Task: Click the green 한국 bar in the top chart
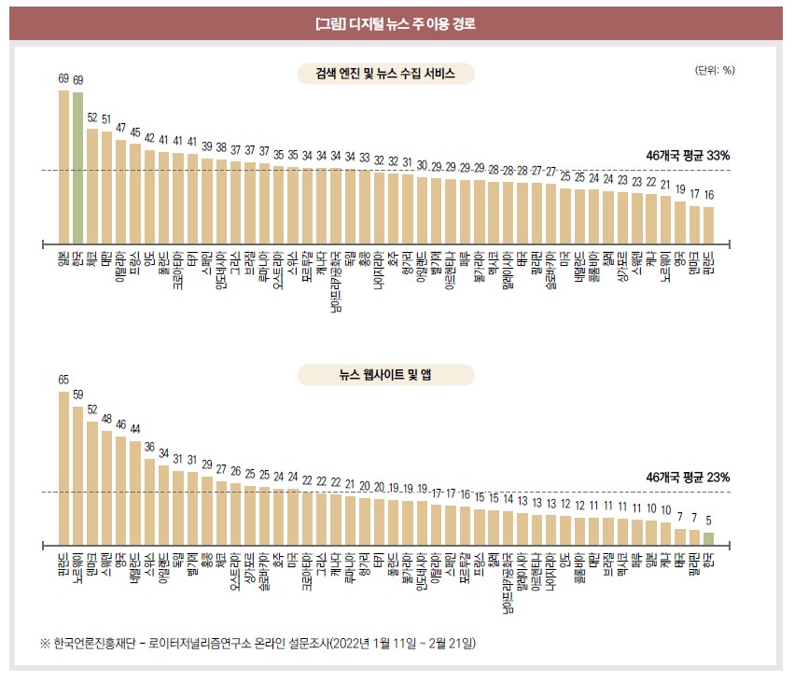[78, 166]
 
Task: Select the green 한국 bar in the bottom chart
[708, 539]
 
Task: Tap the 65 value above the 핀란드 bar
[63, 380]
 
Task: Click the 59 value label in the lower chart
[78, 395]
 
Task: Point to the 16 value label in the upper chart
[708, 195]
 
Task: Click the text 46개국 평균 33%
[688, 156]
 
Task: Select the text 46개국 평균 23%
[688, 477]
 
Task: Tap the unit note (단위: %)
[715, 70]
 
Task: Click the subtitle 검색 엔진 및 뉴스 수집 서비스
[385, 74]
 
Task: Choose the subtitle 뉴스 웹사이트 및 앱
[385, 375]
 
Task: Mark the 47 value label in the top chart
[120, 128]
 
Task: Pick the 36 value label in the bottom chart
[149, 447]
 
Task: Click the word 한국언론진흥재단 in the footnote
[91, 644]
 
